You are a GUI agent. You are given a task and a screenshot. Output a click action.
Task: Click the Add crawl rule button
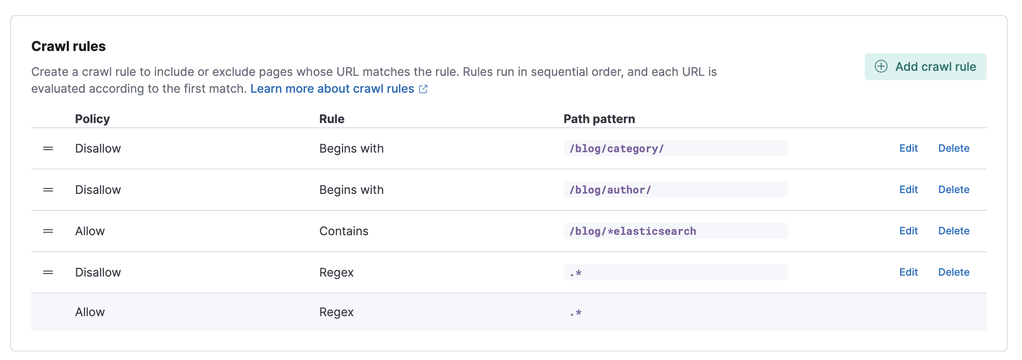925,67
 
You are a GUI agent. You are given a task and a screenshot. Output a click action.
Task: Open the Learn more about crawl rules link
332,89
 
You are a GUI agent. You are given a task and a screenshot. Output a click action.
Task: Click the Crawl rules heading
68,46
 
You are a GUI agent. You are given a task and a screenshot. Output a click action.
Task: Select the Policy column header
92,119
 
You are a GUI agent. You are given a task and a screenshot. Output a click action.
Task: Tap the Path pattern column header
599,119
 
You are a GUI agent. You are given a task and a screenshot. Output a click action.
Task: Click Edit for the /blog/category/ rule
908,148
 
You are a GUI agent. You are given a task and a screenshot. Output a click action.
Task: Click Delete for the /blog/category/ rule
953,148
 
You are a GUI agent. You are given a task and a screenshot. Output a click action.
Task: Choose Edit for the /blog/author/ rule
908,190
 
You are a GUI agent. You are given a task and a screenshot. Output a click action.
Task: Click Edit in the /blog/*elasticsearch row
908,231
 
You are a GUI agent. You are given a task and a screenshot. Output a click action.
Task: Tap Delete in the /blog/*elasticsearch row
953,231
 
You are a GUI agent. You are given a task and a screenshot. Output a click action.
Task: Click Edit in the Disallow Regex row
908,272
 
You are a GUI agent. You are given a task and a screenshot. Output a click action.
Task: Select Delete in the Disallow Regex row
953,272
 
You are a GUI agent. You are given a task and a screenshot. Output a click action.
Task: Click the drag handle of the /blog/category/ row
48,148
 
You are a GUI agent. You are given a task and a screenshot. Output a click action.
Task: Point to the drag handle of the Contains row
48,231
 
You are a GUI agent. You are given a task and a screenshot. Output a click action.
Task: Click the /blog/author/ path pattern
610,190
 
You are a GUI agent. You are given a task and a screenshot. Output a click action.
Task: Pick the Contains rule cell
344,231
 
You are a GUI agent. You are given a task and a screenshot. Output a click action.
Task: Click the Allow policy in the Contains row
90,231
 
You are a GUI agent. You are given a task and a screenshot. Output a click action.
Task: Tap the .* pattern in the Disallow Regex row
576,273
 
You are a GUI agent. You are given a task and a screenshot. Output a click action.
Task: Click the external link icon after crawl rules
423,89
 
